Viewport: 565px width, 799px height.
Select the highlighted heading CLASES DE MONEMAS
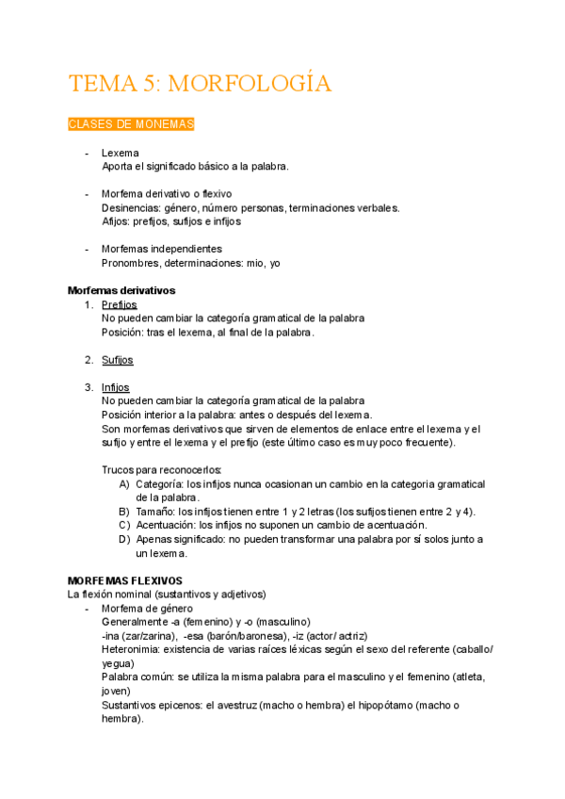coord(131,124)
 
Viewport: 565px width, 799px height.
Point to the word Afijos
coord(116,221)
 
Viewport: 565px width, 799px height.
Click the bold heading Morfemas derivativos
coord(121,290)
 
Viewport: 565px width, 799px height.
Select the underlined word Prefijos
coord(120,304)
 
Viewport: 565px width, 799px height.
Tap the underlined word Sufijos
coord(118,360)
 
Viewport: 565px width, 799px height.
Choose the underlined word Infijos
coord(116,387)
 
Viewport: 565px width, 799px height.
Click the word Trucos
coord(120,469)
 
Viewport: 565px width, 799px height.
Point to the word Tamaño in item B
coord(155,511)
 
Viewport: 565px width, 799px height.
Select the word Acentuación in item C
coord(167,525)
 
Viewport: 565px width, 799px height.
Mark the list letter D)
coord(124,539)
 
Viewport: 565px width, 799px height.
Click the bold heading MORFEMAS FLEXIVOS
coord(125,580)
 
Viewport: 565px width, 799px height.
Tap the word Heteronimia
coord(131,649)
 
